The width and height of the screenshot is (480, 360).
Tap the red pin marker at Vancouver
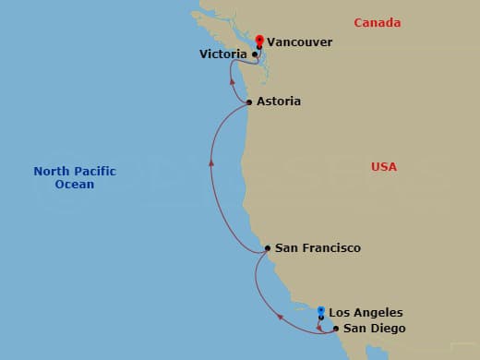259,41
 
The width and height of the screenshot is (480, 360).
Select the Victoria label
222,54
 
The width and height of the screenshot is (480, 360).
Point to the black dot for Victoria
254,54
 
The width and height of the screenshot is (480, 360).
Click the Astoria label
279,102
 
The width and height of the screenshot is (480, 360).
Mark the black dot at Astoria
249,102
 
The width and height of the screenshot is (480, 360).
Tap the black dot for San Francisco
267,248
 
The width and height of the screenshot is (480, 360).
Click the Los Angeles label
366,313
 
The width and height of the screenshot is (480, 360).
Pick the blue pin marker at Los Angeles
320,311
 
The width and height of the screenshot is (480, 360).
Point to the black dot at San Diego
335,329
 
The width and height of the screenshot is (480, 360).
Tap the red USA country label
384,167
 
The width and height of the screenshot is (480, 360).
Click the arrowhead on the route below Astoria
211,162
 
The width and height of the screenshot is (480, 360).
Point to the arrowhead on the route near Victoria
229,81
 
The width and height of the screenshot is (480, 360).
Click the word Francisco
331,248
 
